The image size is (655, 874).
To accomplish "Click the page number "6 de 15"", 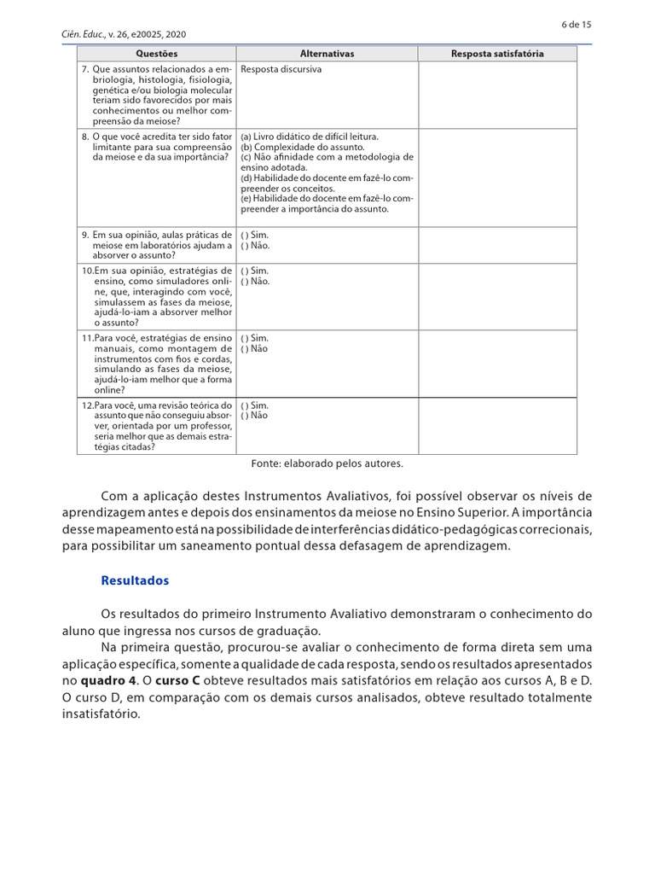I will click(577, 24).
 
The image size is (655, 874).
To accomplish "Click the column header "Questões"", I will click(156, 54).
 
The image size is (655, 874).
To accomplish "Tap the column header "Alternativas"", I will click(327, 54).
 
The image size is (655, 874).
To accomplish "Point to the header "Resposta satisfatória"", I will click(496, 54).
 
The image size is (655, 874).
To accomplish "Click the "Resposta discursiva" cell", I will click(281, 69).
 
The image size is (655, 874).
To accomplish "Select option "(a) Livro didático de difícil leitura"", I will click(310, 137).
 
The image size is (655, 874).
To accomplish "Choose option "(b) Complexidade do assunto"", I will click(290, 147).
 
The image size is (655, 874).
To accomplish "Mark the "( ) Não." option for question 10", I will click(255, 281).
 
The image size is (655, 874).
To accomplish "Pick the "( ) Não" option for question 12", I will click(254, 416).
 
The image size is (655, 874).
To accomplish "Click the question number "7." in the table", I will click(85, 69).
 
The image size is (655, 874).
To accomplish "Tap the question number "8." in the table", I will click(85, 137).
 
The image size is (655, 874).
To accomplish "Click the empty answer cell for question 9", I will click(496, 245).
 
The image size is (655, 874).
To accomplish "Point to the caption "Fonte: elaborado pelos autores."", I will click(327, 463).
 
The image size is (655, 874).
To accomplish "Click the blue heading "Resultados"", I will click(135, 580).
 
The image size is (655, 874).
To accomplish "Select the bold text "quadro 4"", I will click(108, 681).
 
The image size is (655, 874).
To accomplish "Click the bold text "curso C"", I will click(178, 681).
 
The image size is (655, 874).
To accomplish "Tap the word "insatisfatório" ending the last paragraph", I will click(100, 714).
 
